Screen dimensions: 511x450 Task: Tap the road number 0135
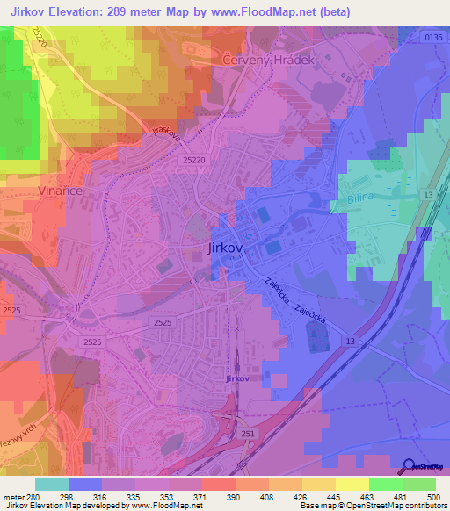429,37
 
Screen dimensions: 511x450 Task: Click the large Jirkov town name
224,248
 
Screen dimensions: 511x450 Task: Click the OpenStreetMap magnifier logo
408,466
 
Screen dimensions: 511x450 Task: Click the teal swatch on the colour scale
52,484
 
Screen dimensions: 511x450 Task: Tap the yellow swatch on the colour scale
352,484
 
